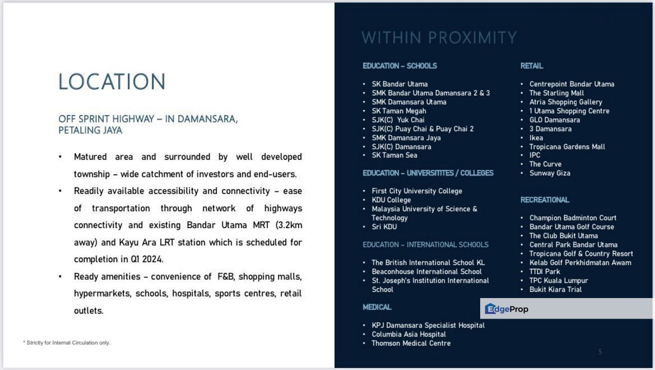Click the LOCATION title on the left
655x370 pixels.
click(112, 82)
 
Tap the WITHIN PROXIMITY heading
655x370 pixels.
click(439, 38)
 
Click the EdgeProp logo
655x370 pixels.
click(507, 309)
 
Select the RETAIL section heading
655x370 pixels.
click(532, 66)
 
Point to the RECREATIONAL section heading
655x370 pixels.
click(544, 200)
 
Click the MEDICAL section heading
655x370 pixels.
click(377, 307)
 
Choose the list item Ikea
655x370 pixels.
click(536, 138)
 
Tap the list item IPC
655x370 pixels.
click(535, 155)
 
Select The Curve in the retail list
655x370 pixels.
click(545, 164)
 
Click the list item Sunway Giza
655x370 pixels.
click(550, 173)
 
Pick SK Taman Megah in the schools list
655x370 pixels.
click(399, 111)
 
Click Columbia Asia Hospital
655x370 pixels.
click(409, 334)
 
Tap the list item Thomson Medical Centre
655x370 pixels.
click(411, 343)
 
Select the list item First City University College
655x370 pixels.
click(417, 191)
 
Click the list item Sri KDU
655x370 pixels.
click(384, 227)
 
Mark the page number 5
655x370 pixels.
click(600, 352)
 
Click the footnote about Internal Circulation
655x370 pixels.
click(67, 343)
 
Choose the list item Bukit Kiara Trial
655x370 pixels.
click(555, 289)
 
